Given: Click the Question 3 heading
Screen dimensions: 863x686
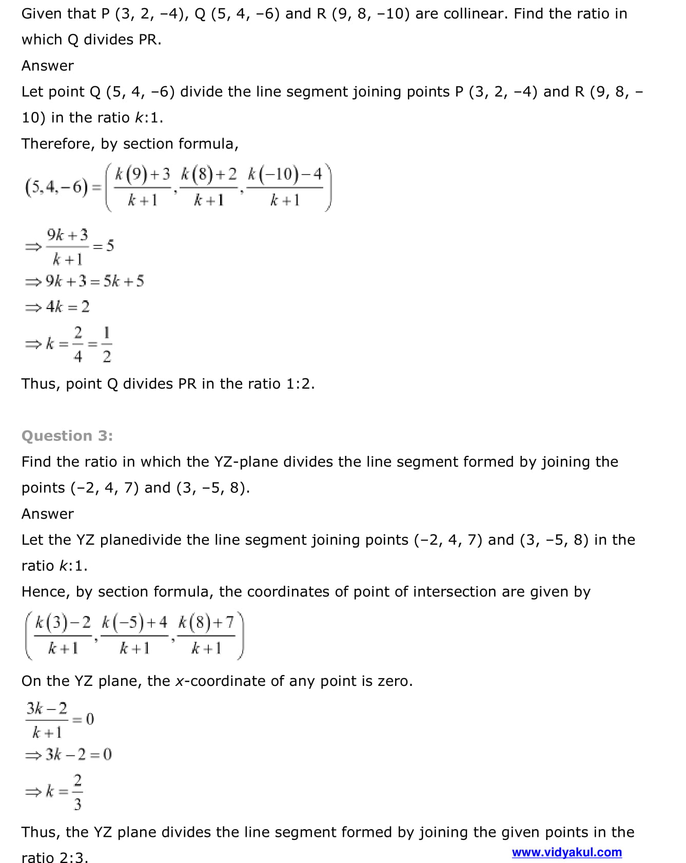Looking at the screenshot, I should pos(67,436).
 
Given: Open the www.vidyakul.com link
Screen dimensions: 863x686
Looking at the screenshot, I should pos(566,852).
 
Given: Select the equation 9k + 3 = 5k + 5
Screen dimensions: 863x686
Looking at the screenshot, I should pos(94,281).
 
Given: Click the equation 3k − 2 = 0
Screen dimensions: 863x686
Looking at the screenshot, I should pos(78,754).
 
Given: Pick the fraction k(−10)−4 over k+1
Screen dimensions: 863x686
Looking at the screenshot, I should pos(285,187).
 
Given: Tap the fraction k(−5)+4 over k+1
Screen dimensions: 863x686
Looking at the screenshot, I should pos(134,635).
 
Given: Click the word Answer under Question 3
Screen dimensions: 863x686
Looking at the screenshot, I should pos(48,514).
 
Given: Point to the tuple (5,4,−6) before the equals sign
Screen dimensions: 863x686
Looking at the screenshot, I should pos(56,187).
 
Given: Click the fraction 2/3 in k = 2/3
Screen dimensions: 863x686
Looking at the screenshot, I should pos(77,792).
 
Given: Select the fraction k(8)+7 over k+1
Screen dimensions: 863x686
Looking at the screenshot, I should pos(206,635).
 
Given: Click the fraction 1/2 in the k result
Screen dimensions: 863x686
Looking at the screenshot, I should pos(107,344).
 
